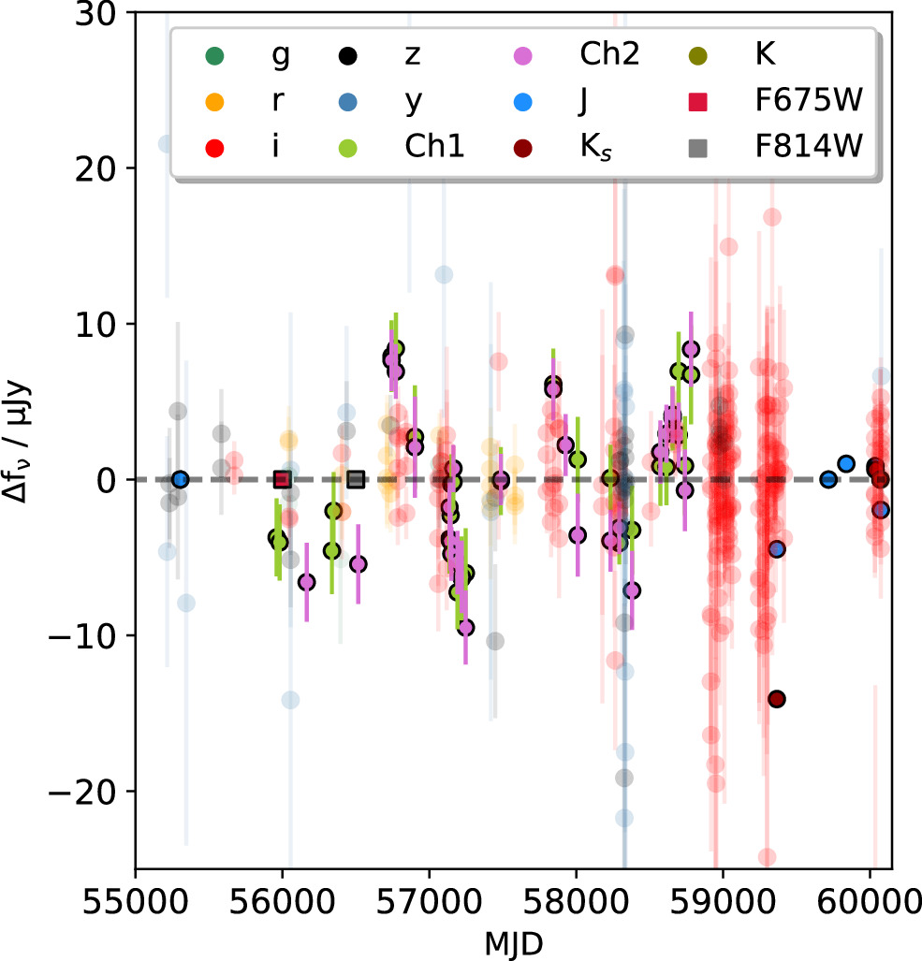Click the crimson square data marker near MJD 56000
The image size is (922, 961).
(x=282, y=479)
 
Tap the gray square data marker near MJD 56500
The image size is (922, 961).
(x=356, y=479)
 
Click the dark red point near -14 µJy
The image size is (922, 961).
(x=776, y=699)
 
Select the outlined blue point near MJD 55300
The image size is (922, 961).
(x=181, y=479)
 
